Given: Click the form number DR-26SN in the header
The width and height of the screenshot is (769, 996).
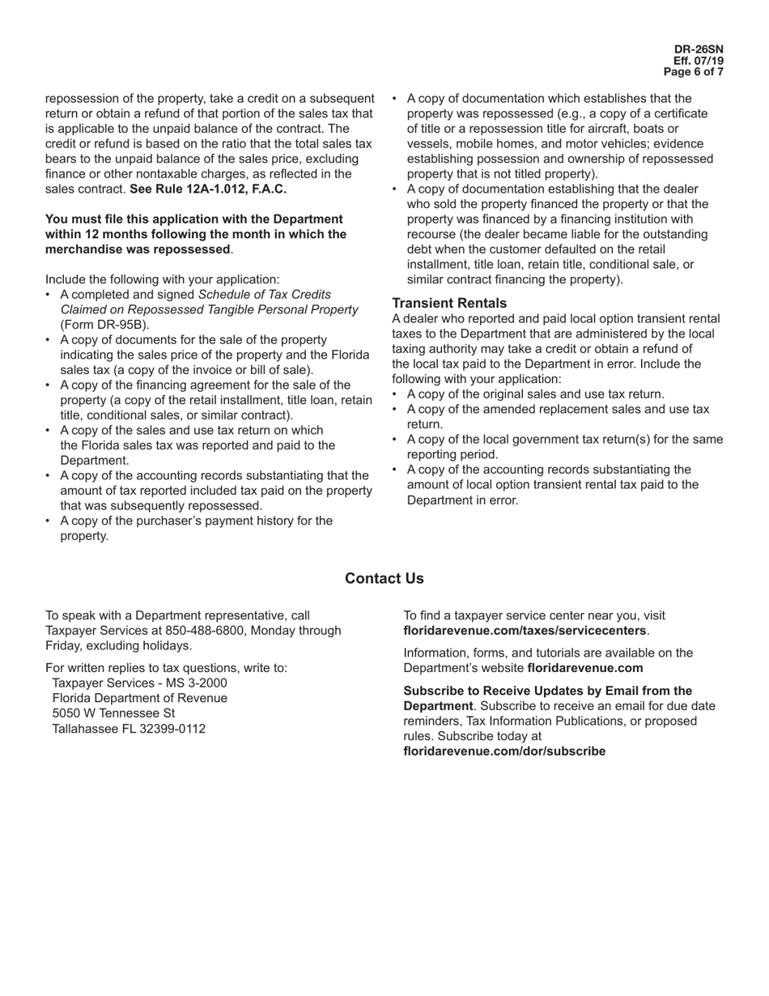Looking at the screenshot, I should point(699,49).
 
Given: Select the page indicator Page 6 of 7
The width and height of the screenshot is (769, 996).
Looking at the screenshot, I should point(693,72).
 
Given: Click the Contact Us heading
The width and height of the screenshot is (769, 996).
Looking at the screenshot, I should point(384,578).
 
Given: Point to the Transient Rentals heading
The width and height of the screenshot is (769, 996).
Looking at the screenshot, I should point(449,303).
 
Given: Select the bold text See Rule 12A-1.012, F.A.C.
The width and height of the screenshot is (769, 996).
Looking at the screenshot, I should point(208,189).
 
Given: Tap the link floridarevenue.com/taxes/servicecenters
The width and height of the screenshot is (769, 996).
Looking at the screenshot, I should point(525,630).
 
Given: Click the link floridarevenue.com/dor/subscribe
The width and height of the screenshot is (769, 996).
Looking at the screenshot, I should point(504,751).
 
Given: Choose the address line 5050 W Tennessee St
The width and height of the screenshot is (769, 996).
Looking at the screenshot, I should point(113,713).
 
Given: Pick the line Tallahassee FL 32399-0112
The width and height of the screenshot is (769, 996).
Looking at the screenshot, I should point(129,728).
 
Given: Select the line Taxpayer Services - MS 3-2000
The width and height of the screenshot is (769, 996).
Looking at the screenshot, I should point(139,683).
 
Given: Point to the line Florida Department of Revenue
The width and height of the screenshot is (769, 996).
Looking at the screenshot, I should point(139,698).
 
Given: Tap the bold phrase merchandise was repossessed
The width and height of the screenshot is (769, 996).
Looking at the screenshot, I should point(138,249).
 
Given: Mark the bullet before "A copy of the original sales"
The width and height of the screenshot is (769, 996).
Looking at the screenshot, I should point(395,394).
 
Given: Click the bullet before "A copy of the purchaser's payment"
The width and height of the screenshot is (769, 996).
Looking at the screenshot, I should point(49,521).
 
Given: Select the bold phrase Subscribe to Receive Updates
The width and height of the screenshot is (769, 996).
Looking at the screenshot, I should point(548,691).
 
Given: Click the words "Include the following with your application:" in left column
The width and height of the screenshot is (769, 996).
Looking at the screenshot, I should point(163,279).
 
